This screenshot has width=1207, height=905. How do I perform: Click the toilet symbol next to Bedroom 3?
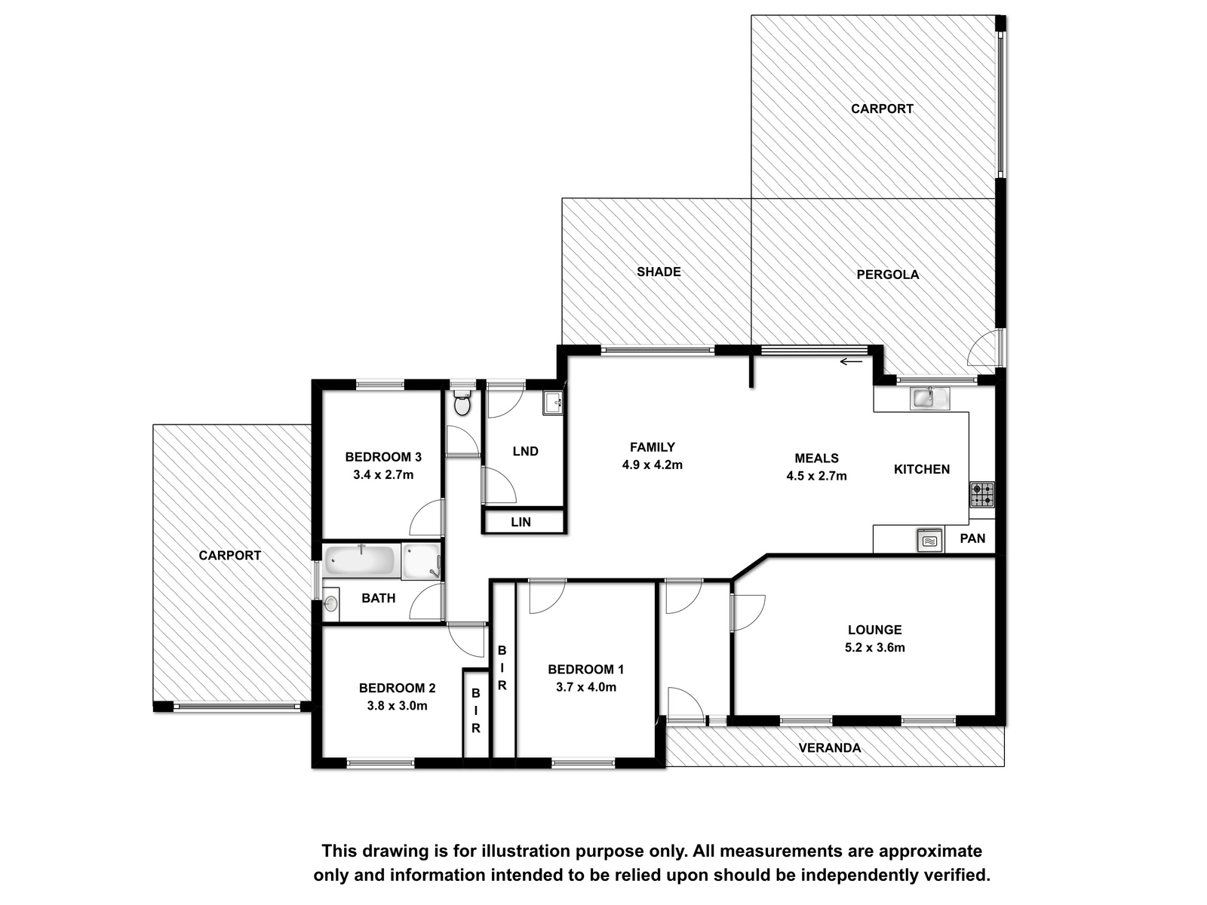(462, 403)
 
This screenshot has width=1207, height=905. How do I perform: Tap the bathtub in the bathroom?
(360, 560)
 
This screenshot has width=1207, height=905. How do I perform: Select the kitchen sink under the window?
(929, 398)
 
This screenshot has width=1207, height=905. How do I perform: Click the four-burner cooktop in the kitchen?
(981, 493)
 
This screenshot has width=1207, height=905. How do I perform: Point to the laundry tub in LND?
(552, 403)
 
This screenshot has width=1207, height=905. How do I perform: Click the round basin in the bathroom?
(330, 604)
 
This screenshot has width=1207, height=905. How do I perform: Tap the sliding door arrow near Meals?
(851, 361)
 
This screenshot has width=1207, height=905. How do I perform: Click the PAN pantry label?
(972, 538)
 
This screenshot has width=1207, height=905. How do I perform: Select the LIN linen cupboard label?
(521, 522)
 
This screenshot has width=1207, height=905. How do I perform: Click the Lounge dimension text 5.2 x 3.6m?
(874, 647)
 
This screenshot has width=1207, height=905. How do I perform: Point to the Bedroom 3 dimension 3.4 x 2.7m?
(383, 475)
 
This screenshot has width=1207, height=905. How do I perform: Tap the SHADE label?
(659, 271)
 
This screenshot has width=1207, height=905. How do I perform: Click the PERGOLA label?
(887, 275)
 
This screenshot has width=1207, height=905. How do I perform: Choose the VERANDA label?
(830, 748)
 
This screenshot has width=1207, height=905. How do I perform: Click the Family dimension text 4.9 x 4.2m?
(653, 465)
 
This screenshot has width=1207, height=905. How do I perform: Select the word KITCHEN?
(922, 469)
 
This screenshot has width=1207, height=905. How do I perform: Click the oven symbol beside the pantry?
(929, 540)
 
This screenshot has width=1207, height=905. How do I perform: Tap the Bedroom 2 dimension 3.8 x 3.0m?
(397, 706)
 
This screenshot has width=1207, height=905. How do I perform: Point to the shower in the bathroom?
(421, 561)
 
